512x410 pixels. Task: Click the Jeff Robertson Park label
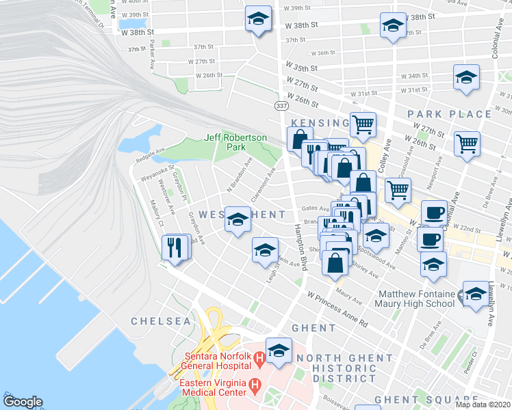point(235,142)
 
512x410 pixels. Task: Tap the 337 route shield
point(281,106)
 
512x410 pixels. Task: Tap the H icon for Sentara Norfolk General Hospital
point(259,358)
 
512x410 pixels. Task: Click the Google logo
point(23,402)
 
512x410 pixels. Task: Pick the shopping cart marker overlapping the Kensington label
point(363,124)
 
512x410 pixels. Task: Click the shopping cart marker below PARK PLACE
point(468,144)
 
